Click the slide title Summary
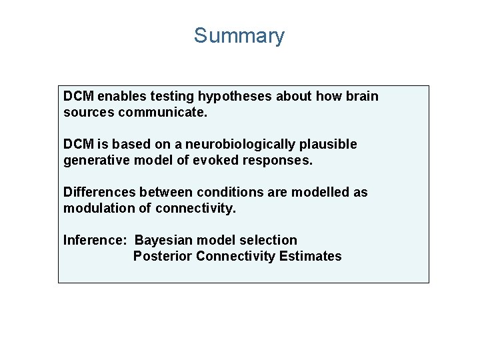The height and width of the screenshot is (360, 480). tap(239, 35)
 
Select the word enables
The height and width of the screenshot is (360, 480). tap(121, 96)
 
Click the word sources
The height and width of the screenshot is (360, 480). tap(89, 112)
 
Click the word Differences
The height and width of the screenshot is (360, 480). tap(97, 192)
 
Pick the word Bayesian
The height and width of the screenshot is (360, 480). tap(161, 240)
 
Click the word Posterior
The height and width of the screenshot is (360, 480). tap(162, 256)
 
